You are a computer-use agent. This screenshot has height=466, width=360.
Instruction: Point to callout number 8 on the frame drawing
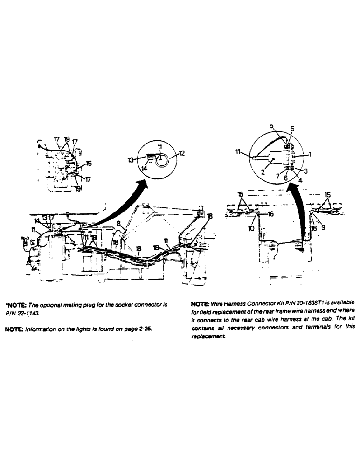coord(119,224)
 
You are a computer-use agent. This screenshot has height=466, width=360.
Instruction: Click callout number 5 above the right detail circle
coord(292,128)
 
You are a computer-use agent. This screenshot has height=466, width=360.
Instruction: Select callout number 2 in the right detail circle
coord(263,172)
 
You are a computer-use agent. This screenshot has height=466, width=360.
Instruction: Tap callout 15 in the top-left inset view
coord(88,164)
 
